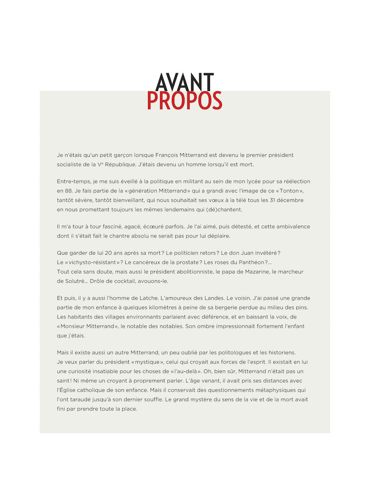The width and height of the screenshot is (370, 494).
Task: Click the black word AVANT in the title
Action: pyautogui.click(x=185, y=82)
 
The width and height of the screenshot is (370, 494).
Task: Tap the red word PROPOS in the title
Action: pyautogui.click(x=185, y=100)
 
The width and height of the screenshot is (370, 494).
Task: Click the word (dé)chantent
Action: pyautogui.click(x=222, y=209)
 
